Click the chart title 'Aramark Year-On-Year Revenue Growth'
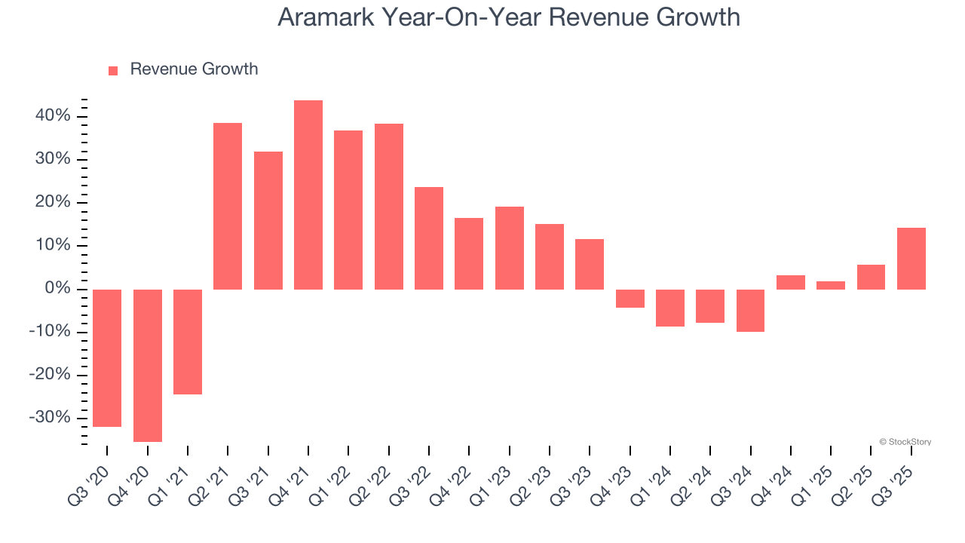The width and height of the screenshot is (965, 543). point(509,17)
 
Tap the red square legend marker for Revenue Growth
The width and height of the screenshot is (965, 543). point(113,70)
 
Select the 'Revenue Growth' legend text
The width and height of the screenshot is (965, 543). point(194,69)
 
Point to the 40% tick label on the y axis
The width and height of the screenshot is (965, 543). point(51,116)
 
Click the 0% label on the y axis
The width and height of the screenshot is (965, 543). point(57,289)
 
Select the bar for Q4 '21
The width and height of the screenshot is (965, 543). point(308,195)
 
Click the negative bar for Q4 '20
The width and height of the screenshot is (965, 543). point(147,365)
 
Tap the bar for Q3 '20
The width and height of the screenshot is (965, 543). point(107,357)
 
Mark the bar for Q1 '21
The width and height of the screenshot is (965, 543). point(188,342)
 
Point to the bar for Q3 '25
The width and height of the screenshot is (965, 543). point(911,259)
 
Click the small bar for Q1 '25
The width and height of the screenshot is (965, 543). point(831,285)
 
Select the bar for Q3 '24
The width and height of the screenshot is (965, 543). point(750,310)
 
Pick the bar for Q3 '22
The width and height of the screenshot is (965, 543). point(429,238)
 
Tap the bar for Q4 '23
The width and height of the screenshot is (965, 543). point(630,298)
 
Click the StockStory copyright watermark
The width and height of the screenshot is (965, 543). point(905,442)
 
